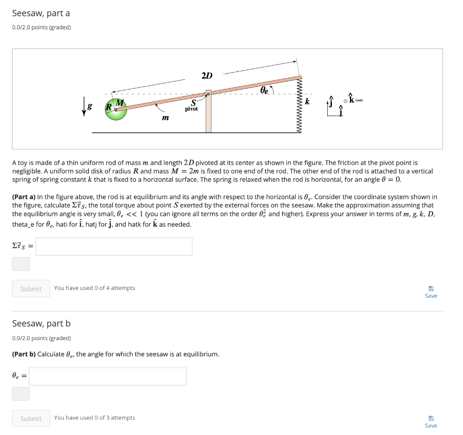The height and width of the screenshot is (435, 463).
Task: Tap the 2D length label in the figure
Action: tap(207, 75)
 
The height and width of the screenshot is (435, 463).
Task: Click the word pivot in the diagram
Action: tap(191, 109)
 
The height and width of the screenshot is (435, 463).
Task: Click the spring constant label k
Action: tap(307, 101)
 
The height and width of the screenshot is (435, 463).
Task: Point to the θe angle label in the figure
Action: tap(264, 90)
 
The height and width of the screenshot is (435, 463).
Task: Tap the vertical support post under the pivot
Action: tap(208, 113)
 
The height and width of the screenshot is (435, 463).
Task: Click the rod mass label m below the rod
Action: tap(165, 118)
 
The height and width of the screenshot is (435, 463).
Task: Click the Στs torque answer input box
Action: tap(114, 247)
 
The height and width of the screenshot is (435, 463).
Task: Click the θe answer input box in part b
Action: tap(108, 376)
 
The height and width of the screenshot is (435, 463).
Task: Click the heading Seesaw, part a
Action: tap(41, 14)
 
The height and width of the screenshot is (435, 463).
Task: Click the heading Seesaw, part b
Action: tap(41, 323)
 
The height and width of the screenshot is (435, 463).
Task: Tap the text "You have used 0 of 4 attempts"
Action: tap(94, 288)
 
